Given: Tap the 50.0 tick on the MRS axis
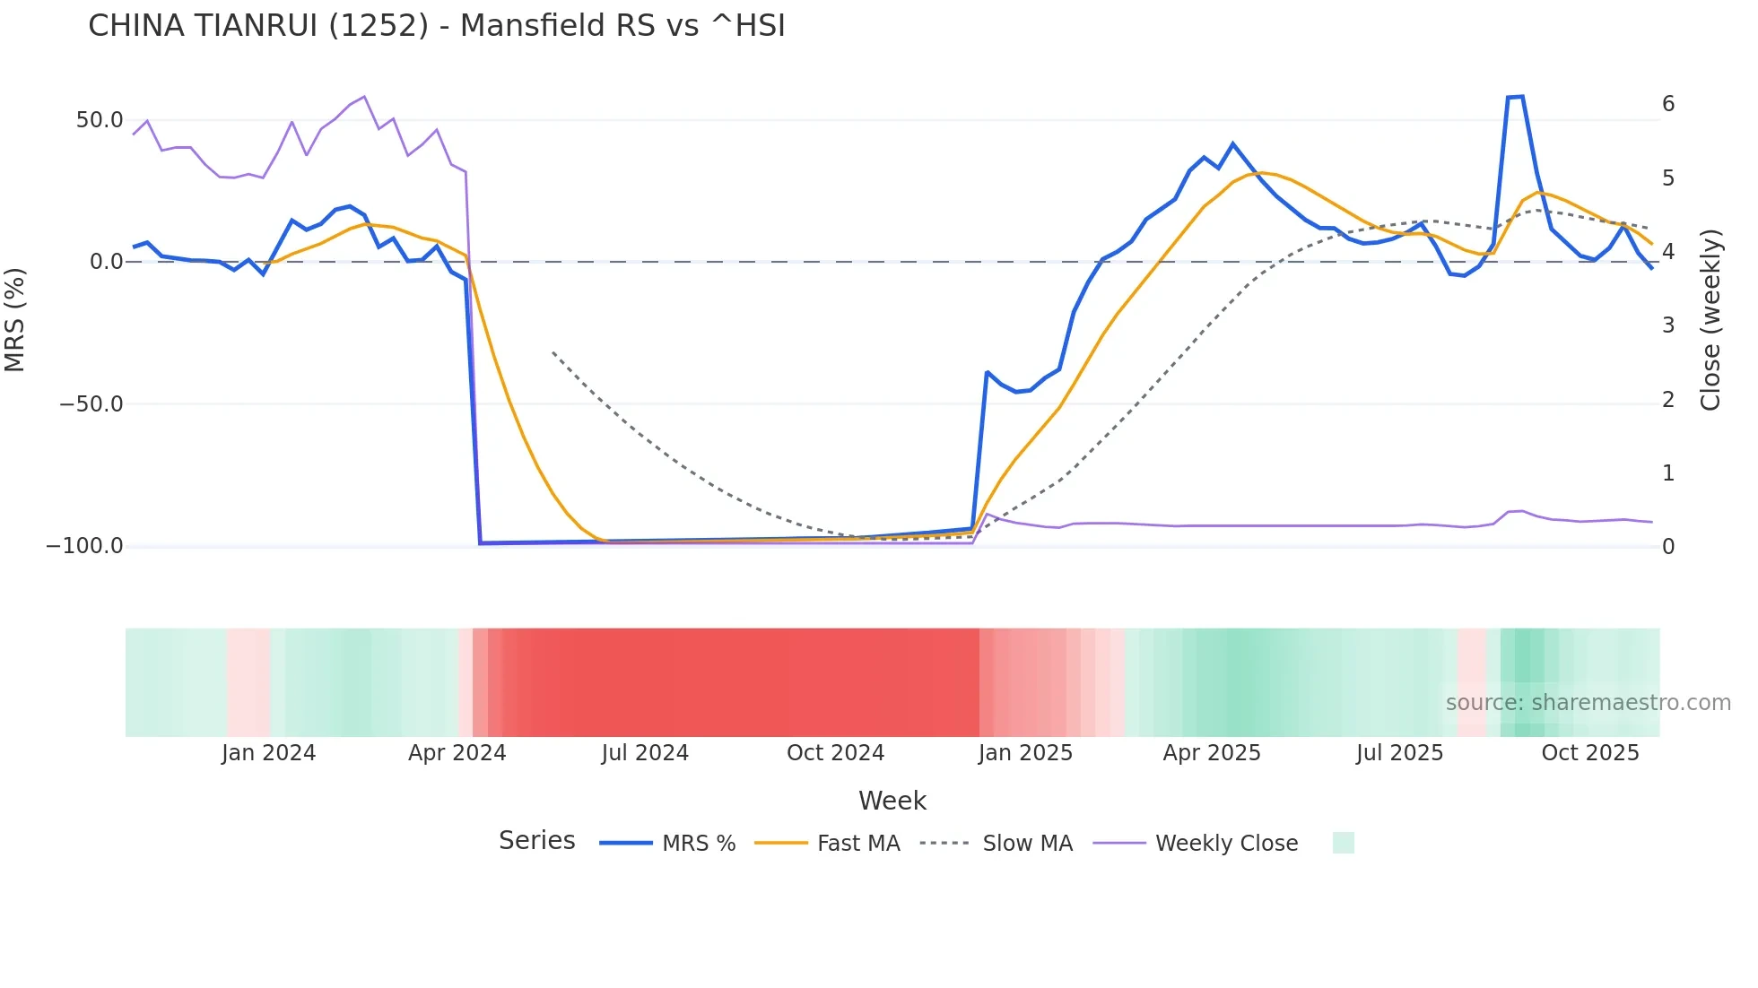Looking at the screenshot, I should pos(100,120).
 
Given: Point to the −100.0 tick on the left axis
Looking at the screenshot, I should pos(84,546).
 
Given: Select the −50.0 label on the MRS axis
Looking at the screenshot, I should pos(91,404).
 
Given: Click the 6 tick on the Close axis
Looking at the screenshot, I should pos(1668,104).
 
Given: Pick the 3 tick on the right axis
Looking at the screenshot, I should pos(1668,325).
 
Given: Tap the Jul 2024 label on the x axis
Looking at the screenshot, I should pos(645,753).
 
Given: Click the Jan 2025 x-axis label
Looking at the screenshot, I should pos(1025,753).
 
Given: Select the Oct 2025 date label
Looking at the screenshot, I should pos(1589,753).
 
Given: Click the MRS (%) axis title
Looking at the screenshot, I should pos(15,320).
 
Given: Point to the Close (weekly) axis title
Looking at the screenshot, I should pos(1711,320).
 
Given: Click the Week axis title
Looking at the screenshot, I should pos(892,801).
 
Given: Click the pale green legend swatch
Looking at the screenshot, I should pos(1343,843).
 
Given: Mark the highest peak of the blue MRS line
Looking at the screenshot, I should pos(1516,97).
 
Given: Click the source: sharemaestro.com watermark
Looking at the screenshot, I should pos(1588,703).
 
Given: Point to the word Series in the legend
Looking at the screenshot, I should pos(536,841).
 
